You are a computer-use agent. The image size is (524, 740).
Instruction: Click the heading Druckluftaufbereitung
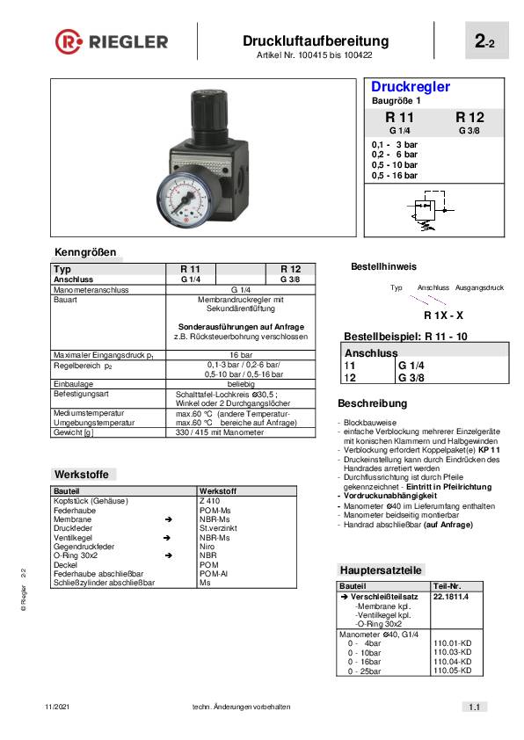[315, 40]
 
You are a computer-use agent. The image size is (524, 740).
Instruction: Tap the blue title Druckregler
[411, 87]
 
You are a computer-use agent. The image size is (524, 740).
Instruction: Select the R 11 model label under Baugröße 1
[399, 117]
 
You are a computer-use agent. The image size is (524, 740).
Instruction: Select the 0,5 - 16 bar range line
[395, 176]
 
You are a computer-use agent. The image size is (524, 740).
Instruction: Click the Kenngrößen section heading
[85, 252]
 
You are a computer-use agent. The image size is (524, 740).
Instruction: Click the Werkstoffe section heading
[81, 474]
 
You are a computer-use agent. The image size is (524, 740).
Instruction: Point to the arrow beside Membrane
[167, 519]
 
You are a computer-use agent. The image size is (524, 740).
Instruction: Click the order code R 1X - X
[443, 315]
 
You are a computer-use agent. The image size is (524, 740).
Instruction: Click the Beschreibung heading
[373, 403]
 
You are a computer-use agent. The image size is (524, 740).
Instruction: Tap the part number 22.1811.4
[451, 596]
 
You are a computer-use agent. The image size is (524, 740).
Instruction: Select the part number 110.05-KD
[453, 671]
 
